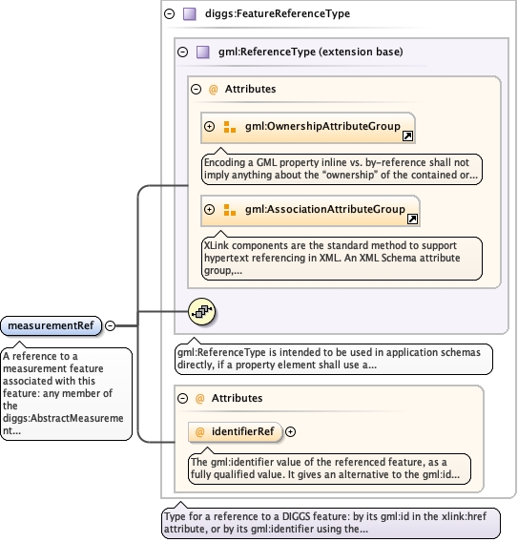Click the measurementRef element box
(x=52, y=325)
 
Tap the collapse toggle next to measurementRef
(x=110, y=325)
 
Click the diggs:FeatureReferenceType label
(x=278, y=13)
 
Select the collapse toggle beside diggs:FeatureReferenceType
(x=169, y=13)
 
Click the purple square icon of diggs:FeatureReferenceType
(x=190, y=14)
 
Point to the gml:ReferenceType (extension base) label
(x=311, y=52)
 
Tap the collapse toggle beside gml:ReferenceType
(x=182, y=52)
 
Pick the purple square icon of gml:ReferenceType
(x=203, y=52)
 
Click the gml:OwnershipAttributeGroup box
(x=308, y=127)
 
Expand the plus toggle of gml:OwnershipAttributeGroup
(x=210, y=126)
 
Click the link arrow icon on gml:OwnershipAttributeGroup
(x=407, y=135)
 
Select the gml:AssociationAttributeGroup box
(x=310, y=211)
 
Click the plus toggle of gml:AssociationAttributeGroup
(x=210, y=209)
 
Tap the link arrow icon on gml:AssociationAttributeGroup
(x=413, y=219)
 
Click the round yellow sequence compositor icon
(x=202, y=311)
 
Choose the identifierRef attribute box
(x=235, y=431)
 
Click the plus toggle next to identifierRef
(x=291, y=431)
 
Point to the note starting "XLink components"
(x=342, y=258)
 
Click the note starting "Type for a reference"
(x=331, y=523)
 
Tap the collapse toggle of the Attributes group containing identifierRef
(x=182, y=399)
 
